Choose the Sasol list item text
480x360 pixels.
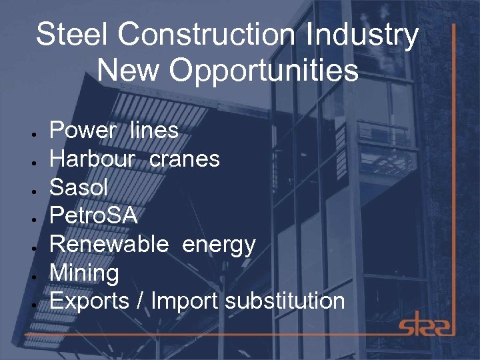point(79,187)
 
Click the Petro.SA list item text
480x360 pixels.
point(93,215)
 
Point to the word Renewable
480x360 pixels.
point(109,244)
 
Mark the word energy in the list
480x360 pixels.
point(219,245)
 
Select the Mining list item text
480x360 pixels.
point(84,273)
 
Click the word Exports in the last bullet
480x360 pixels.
point(89,301)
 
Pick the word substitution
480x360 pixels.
point(285,301)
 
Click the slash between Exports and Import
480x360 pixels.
point(139,301)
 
